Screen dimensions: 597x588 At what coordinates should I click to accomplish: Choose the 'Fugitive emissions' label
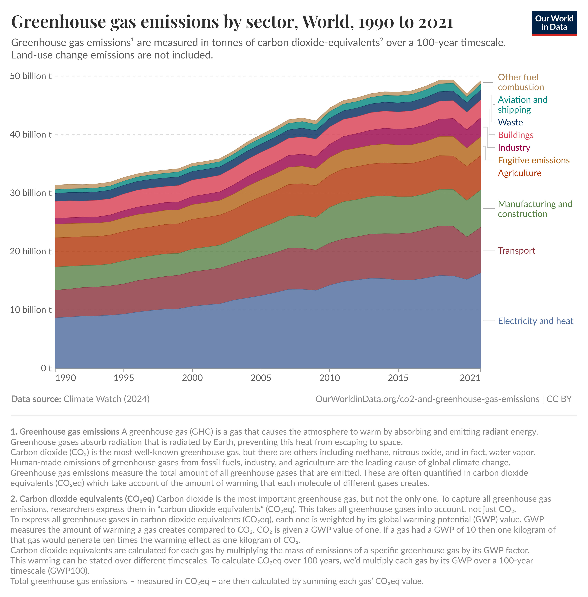click(533, 160)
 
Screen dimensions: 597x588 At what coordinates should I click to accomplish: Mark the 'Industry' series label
click(514, 148)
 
